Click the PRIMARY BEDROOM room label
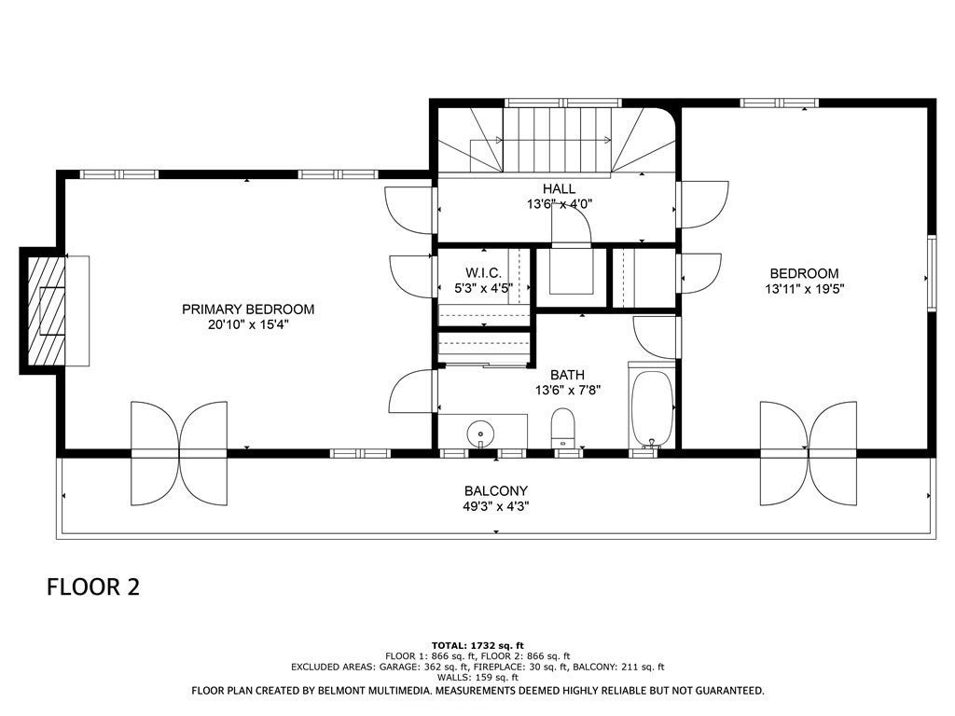(x=248, y=310)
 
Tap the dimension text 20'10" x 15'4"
(x=248, y=325)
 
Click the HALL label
(x=560, y=188)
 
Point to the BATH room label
(x=567, y=375)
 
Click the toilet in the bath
(x=563, y=428)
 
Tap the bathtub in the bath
(x=652, y=408)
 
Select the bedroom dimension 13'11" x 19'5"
(x=804, y=288)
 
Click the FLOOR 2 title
(x=93, y=587)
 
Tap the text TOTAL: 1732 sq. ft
(x=477, y=645)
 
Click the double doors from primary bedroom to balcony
(x=179, y=452)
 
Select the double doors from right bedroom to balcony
(x=809, y=452)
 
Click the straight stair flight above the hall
(x=556, y=139)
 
